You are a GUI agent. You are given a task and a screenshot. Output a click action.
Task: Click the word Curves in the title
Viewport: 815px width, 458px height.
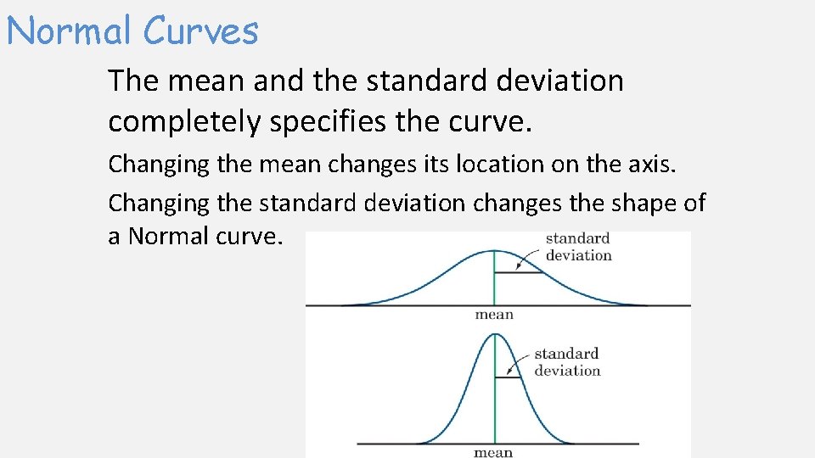pyautogui.click(x=200, y=31)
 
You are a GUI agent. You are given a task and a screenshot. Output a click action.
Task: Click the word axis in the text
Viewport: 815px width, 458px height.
pyautogui.click(x=655, y=164)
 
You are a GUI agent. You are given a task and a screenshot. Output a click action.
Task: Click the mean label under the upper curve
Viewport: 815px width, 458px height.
pyautogui.click(x=494, y=315)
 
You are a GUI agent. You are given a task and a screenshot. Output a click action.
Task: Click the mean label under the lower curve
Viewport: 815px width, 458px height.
pyautogui.click(x=493, y=452)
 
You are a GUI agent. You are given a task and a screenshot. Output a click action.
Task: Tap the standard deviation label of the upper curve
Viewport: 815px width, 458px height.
pyautogui.click(x=578, y=247)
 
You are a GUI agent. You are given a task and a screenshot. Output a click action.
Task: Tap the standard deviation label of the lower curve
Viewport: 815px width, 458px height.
pyautogui.click(x=566, y=361)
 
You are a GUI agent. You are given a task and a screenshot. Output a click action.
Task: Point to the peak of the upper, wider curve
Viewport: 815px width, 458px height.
pyautogui.click(x=494, y=251)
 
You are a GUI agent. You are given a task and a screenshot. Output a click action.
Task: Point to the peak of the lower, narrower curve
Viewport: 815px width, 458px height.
pyautogui.click(x=494, y=333)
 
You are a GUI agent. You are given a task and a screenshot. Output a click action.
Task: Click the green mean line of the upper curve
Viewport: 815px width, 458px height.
pyautogui.click(x=494, y=284)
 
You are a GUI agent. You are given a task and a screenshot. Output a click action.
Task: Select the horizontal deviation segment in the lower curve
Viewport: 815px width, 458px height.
pyautogui.click(x=507, y=377)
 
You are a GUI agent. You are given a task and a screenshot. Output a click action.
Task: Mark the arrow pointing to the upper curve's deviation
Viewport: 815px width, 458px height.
pyautogui.click(x=533, y=257)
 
